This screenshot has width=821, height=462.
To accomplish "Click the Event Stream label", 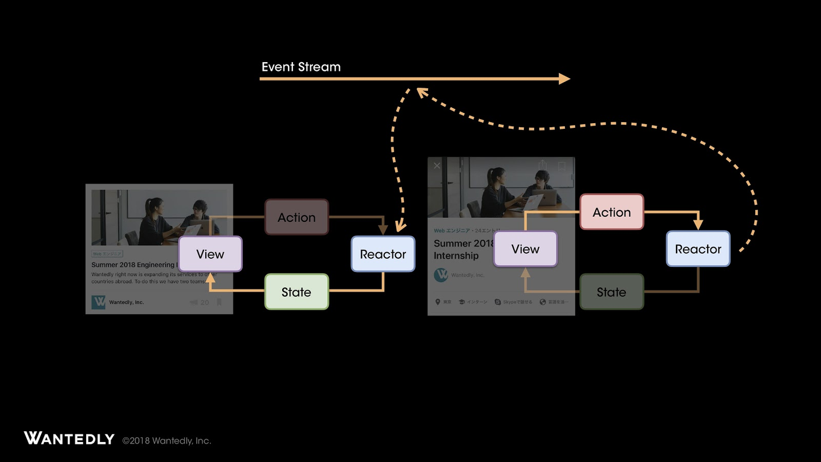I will point(301,67).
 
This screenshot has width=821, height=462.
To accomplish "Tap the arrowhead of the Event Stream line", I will point(564,79).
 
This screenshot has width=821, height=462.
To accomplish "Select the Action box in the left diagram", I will point(296,217).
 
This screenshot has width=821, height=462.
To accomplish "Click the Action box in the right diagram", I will point(612,212).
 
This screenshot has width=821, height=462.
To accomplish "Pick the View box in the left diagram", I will point(210,254).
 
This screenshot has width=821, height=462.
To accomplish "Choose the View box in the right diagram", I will point(525,249).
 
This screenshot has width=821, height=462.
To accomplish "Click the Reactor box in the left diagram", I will point(383,254).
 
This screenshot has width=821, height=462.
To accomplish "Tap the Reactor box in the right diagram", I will point(698,249).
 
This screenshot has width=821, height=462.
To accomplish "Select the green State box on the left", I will point(296,292).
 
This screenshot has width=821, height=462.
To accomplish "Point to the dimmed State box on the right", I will point(611,292).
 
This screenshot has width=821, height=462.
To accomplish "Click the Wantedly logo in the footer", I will point(69,439).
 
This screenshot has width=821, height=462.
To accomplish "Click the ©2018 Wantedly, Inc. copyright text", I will point(166,440).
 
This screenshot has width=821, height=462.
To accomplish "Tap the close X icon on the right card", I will point(437,165).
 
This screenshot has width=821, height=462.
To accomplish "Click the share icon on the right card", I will point(542,165).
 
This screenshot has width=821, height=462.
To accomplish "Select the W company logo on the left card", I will point(99,302).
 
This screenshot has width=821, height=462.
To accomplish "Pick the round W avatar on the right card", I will point(441,275).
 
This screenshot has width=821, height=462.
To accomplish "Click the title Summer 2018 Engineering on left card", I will point(133,265).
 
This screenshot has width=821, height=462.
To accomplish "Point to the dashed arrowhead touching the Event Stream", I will point(421,91).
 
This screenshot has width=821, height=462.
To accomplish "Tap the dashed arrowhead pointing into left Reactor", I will point(399,229).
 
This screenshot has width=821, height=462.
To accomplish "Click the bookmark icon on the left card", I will point(219,302).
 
